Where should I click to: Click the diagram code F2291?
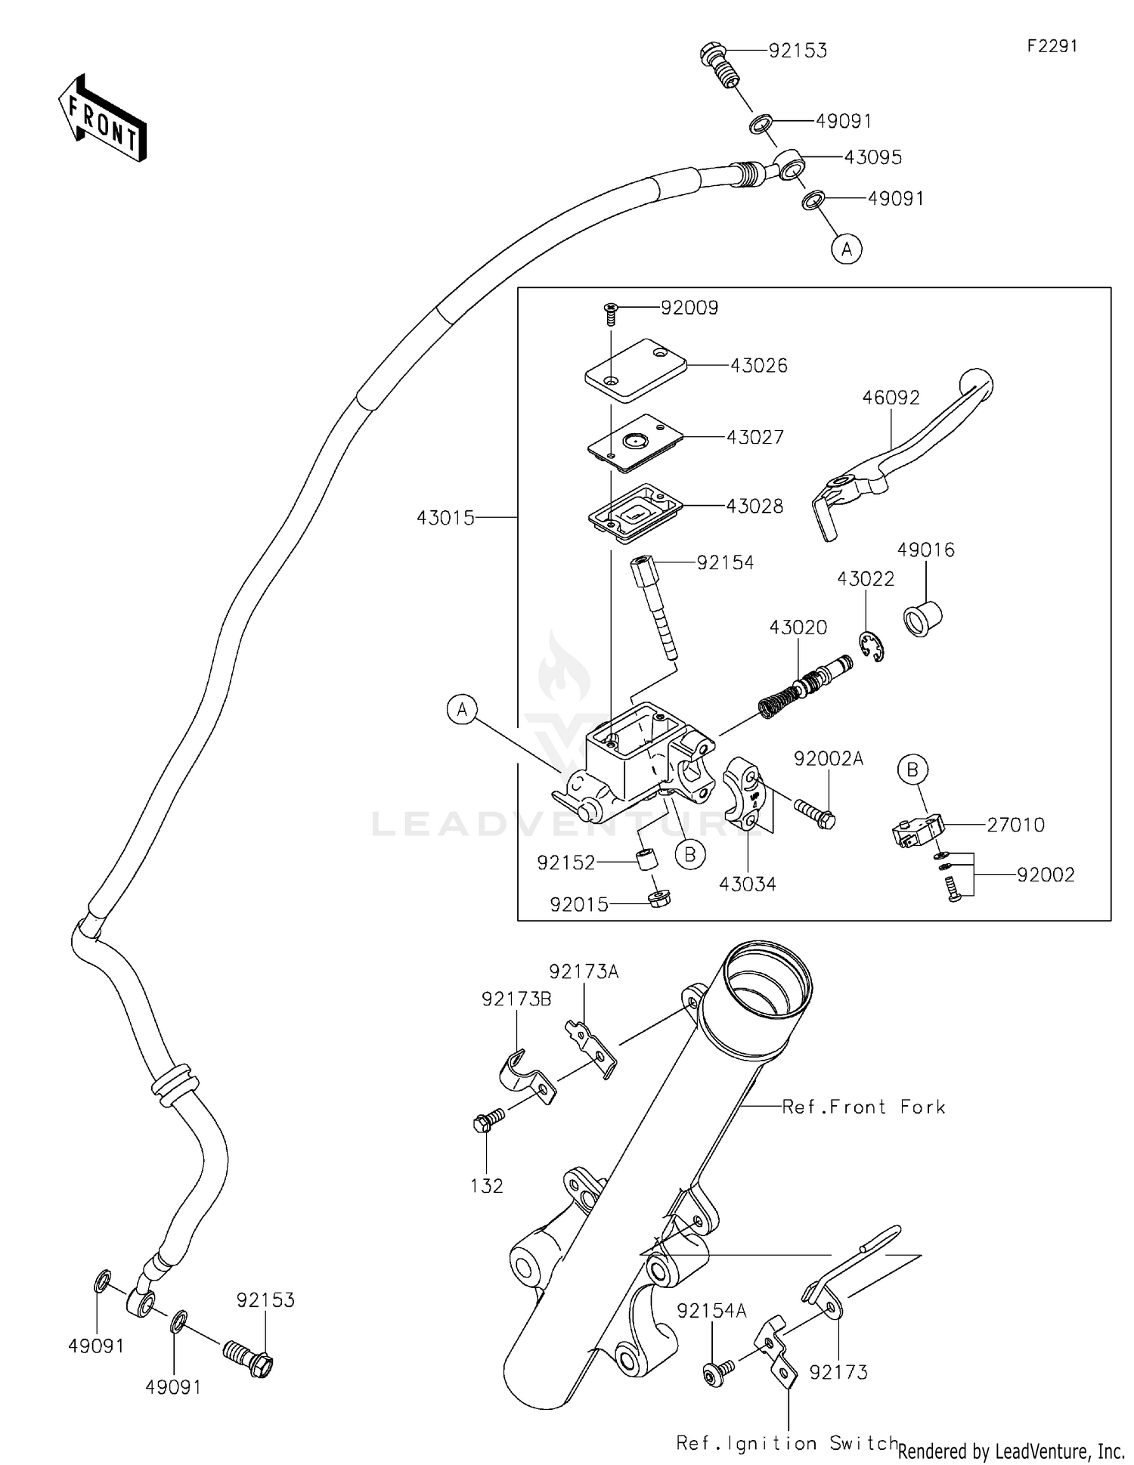1052,46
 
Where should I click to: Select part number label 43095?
872,157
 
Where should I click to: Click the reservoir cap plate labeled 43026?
636,370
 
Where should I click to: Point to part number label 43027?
754,437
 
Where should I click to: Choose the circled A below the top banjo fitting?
847,248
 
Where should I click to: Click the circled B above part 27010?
912,770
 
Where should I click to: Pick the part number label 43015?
445,518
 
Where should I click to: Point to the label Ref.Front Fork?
863,1107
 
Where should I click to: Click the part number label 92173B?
516,999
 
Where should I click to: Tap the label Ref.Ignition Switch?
786,1443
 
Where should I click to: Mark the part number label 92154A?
711,1311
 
